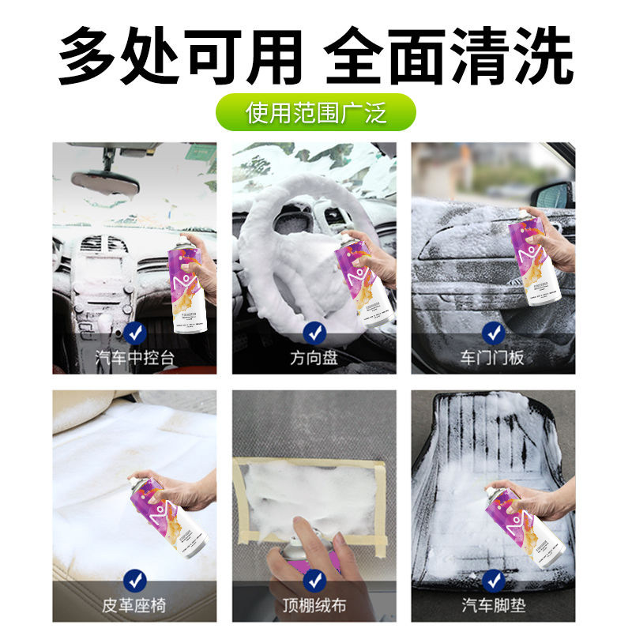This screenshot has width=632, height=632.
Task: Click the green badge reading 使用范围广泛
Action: click(x=316, y=111)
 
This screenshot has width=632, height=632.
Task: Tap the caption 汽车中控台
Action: click(x=135, y=357)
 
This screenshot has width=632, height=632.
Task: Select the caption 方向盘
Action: click(x=314, y=357)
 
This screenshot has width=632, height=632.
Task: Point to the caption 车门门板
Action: click(x=493, y=357)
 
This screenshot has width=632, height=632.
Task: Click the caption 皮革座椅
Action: click(x=135, y=607)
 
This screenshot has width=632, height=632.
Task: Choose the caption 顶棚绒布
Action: click(x=314, y=607)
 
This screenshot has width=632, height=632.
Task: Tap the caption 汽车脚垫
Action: click(x=493, y=607)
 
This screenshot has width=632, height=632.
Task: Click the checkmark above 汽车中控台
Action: click(x=135, y=333)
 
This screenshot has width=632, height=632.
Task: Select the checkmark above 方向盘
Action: click(x=314, y=333)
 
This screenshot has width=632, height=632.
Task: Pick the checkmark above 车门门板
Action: click(x=493, y=333)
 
